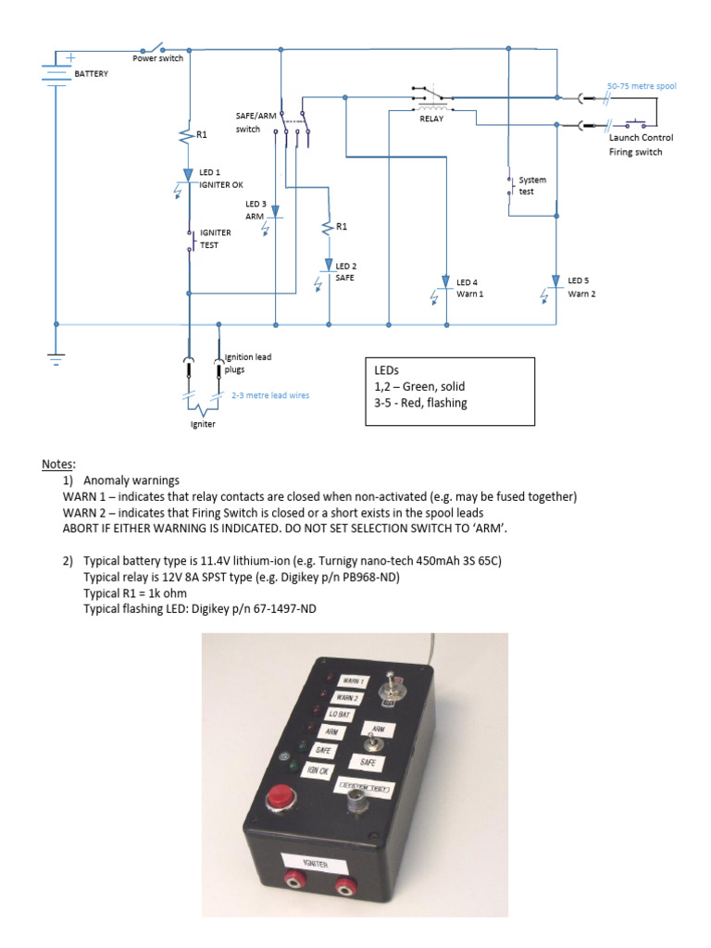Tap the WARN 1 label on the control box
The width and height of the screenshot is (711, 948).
pyautogui.click(x=353, y=682)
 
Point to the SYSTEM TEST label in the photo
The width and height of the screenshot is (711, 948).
pyautogui.click(x=366, y=788)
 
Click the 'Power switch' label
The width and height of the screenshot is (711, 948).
pyautogui.click(x=157, y=58)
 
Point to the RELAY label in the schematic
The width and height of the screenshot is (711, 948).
pyautogui.click(x=431, y=118)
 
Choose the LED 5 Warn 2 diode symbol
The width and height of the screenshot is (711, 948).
pyautogui.click(x=555, y=281)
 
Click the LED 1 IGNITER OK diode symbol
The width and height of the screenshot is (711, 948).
pyautogui.click(x=189, y=173)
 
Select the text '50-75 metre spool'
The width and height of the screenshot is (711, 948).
pyautogui.click(x=641, y=86)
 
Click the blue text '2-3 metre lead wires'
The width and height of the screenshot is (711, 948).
pyautogui.click(x=270, y=395)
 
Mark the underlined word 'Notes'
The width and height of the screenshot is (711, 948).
pyautogui.click(x=56, y=463)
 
